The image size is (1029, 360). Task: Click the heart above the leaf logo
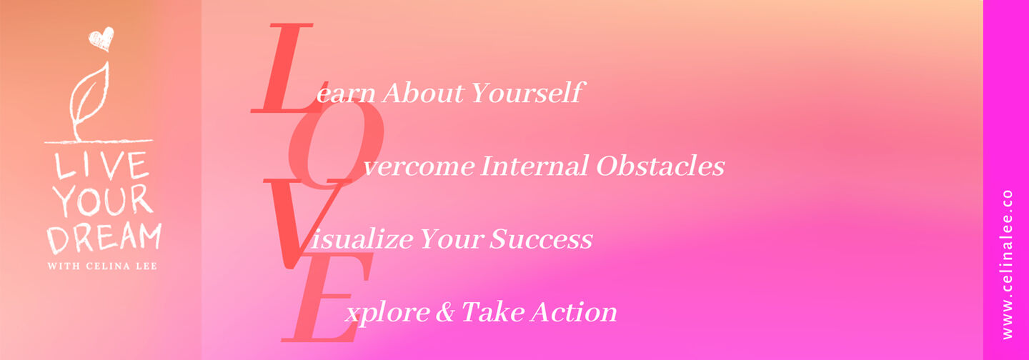point(101,39)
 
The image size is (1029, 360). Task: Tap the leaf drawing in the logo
point(89,101)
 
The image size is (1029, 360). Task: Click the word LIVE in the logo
point(102,166)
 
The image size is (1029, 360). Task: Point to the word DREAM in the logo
point(104,237)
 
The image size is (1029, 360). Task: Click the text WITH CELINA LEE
point(102,266)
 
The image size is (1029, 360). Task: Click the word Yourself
point(528,93)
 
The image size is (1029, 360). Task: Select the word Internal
point(535,166)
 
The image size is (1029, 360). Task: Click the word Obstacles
point(660,166)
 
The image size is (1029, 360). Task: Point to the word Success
point(541,239)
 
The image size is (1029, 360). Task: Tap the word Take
point(492,312)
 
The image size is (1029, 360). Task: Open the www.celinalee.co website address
point(1007,264)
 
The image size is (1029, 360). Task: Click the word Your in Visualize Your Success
point(452,239)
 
